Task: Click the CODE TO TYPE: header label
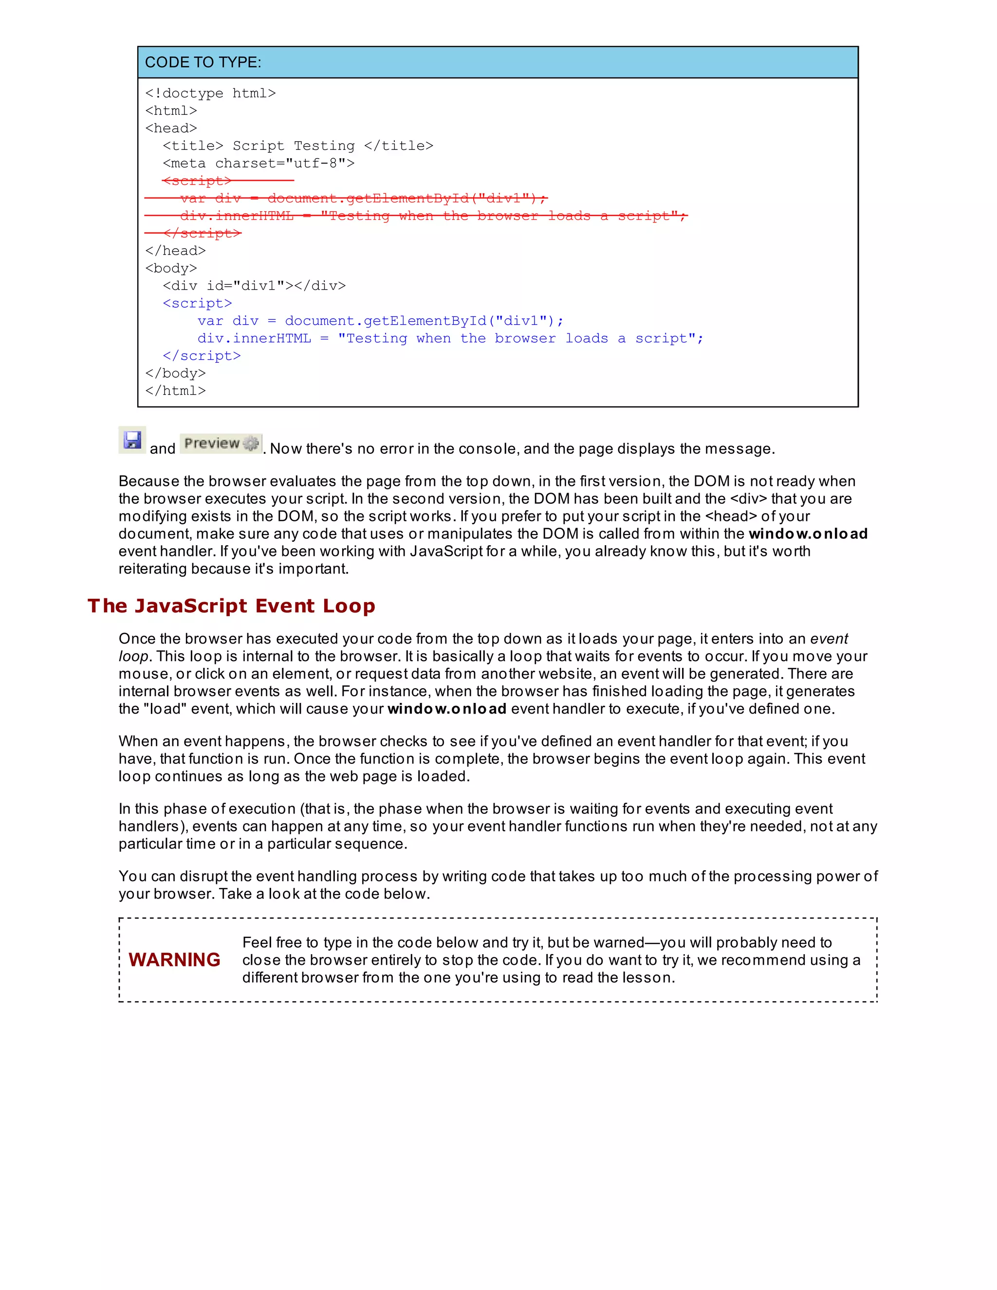(x=203, y=63)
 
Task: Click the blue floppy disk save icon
(x=132, y=441)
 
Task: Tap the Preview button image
(x=221, y=443)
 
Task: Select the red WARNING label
(x=174, y=960)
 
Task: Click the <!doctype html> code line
(x=210, y=93)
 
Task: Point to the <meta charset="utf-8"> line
(x=258, y=163)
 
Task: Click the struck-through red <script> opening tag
(x=197, y=181)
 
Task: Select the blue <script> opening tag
(x=197, y=304)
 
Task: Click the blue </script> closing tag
(x=202, y=356)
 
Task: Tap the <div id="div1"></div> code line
(x=254, y=286)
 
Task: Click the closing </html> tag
(x=175, y=391)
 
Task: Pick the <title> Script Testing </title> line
(x=297, y=146)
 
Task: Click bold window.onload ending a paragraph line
(x=808, y=534)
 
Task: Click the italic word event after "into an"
(x=829, y=639)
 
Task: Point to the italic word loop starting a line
(x=133, y=657)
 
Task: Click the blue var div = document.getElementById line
(x=380, y=321)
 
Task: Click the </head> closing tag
(x=175, y=251)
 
